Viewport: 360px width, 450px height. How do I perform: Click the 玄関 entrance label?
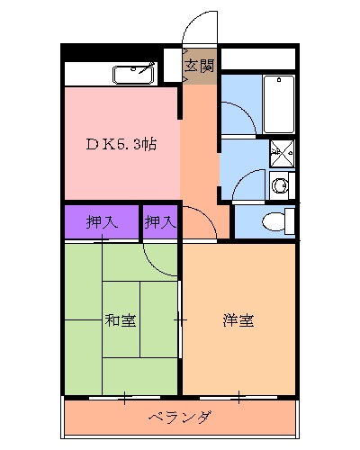coord(200,66)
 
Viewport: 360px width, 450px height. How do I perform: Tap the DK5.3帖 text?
coord(121,144)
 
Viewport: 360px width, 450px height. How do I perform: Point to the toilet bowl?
coord(274,221)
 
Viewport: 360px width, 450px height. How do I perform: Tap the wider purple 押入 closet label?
coord(101,221)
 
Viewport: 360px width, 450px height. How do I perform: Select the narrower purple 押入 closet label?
coord(160,221)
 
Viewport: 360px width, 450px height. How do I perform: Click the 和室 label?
coord(121,319)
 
